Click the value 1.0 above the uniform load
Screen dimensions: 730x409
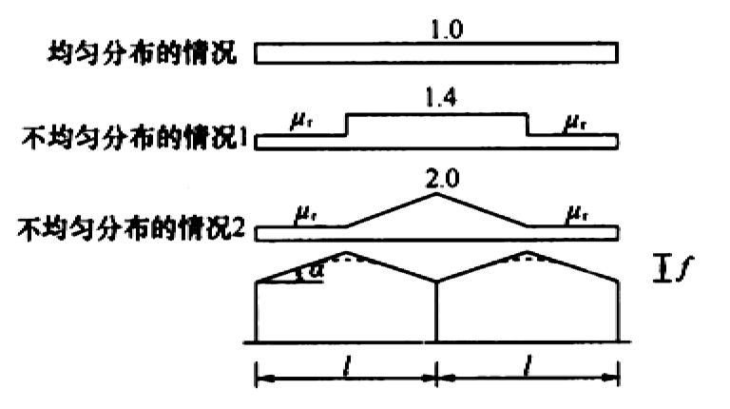446,29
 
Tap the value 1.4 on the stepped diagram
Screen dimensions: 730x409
440,98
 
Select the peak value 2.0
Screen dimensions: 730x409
442,179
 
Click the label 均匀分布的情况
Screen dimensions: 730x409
143,52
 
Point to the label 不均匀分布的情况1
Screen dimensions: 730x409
135,138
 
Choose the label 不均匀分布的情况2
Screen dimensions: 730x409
131,228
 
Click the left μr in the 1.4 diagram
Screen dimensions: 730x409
301,123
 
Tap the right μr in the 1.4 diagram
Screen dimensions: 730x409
575,123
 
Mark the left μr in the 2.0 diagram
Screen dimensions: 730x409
306,215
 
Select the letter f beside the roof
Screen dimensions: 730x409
685,269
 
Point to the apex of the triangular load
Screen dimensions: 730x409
436,193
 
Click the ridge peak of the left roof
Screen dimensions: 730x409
345,252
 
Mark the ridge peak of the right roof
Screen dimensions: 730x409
527,252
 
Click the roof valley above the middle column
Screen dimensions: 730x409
436,281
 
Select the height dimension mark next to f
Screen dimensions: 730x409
661,269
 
